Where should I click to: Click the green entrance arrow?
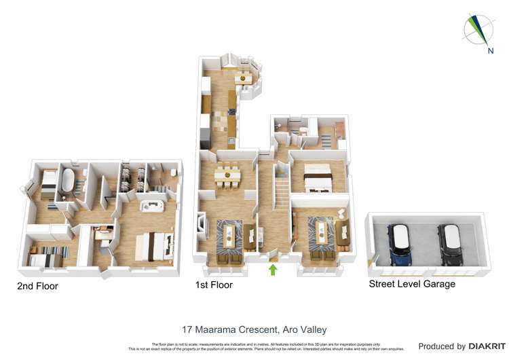[x=273, y=270]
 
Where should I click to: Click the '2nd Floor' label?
[x=37, y=287]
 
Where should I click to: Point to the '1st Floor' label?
[x=214, y=285]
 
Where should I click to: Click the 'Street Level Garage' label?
[x=411, y=284]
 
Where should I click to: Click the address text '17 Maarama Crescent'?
[x=227, y=330]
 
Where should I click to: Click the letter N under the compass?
[x=489, y=50]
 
